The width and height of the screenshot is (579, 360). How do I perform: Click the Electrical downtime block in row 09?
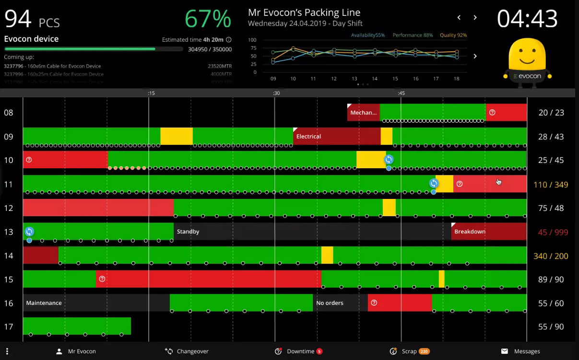coord(336,136)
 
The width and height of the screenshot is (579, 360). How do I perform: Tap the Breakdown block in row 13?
coord(488,232)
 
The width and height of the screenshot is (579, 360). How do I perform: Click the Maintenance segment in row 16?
coord(96,303)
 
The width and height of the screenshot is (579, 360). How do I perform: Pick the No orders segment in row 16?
coord(340,303)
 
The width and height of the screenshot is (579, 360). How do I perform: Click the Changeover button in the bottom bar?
coord(187,351)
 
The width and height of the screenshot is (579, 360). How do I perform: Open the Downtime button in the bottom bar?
coord(298,351)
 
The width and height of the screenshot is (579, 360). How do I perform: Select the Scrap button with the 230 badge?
coord(409,351)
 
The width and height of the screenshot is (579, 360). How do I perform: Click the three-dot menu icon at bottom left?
coord(7,351)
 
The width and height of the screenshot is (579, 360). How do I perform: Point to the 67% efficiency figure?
coord(208,19)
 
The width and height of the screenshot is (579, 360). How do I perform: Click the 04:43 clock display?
coord(527,19)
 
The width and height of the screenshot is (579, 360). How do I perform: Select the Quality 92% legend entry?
coord(453,35)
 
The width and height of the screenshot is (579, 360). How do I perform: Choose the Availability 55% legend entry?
coord(368,35)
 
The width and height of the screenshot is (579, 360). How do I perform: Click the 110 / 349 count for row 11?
coord(551,185)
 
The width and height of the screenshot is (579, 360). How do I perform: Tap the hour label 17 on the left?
coord(9,327)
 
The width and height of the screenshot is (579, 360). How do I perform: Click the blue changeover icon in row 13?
coord(29,232)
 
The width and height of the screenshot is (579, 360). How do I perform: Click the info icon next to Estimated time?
coord(229,40)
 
